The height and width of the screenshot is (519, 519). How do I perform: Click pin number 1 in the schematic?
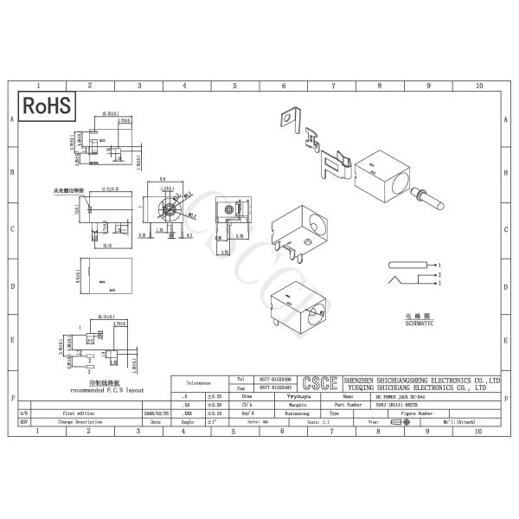tap(439, 264)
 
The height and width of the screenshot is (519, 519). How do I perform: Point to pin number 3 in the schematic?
tap(439, 283)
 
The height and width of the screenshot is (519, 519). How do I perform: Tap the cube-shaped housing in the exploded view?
tap(381, 173)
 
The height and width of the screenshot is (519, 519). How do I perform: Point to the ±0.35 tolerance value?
tap(213, 395)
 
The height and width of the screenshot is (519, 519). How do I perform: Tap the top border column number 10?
tap(479, 86)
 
